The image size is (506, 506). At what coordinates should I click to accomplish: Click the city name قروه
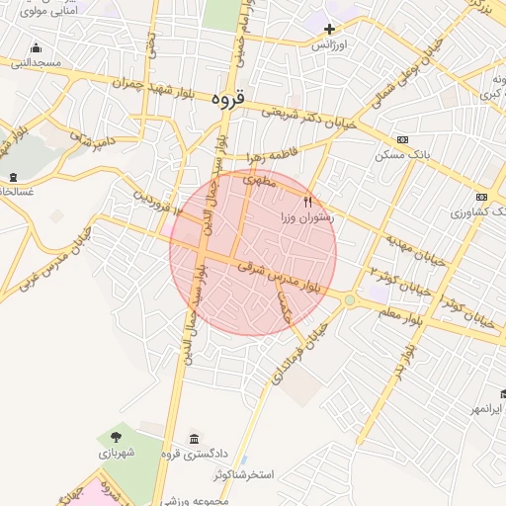[233, 99]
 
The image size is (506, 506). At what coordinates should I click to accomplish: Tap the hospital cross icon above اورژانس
[329, 29]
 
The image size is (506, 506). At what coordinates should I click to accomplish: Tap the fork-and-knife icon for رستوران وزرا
[307, 202]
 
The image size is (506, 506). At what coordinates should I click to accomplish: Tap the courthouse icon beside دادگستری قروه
[193, 439]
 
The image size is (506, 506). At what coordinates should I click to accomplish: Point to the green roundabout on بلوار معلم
[349, 299]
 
